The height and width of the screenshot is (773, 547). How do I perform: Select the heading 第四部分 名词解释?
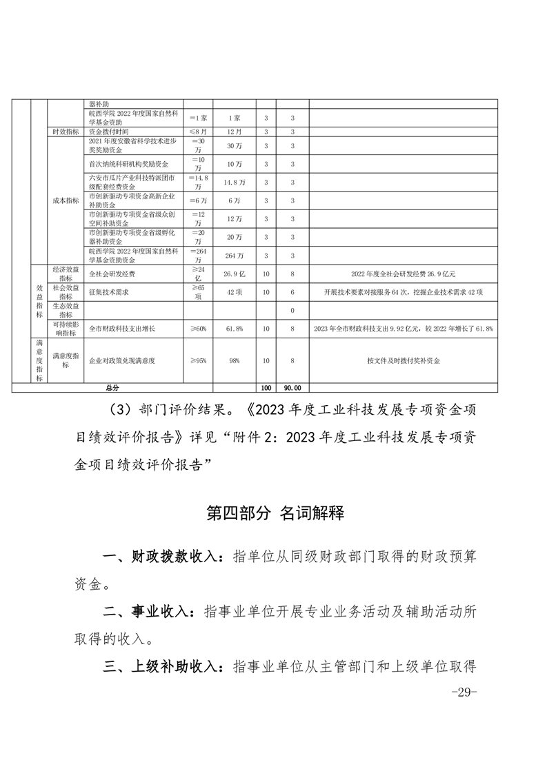pos(275,513)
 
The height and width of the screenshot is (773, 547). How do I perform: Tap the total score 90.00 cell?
pos(292,388)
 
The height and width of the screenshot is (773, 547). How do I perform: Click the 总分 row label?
pos(111,388)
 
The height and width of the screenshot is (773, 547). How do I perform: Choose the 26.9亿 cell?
pos(234,274)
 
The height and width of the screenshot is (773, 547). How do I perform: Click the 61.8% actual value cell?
pos(234,329)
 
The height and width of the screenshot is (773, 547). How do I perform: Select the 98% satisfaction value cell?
pos(234,360)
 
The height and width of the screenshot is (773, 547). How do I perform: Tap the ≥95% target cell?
pos(198,360)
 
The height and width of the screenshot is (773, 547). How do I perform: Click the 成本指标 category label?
pos(66,200)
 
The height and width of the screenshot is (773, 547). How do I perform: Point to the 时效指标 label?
pos(66,132)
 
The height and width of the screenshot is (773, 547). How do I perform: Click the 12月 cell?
pos(234,132)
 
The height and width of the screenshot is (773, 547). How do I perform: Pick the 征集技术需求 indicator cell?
pos(110,292)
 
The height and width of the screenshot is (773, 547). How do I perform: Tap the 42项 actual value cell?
pos(234,292)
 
